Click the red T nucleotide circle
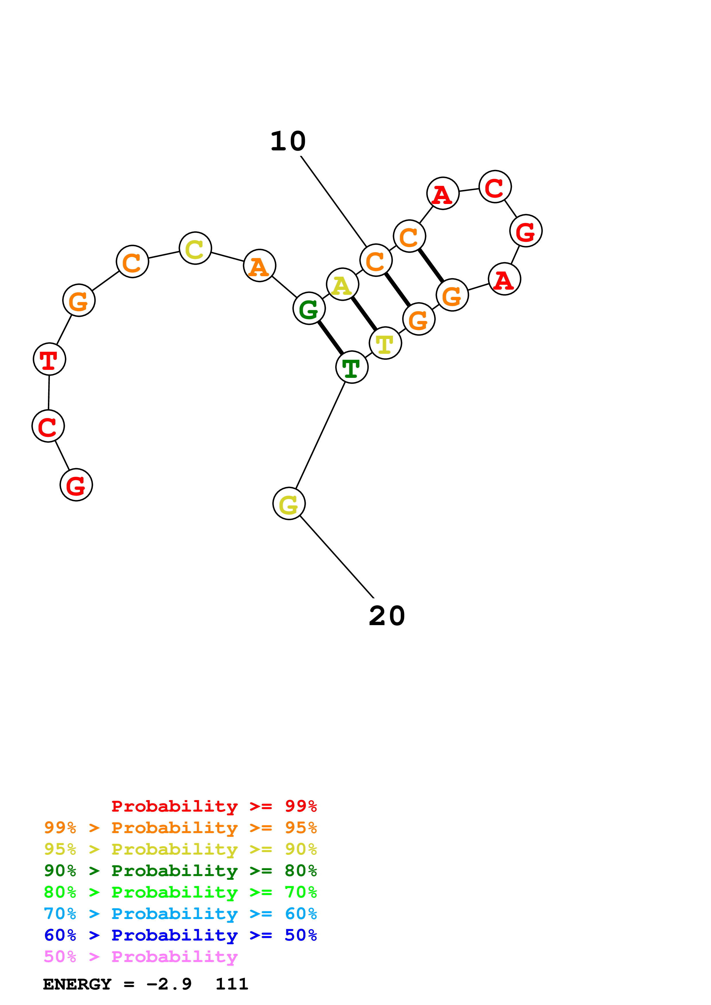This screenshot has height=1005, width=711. (50, 359)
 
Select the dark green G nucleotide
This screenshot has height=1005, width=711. (309, 309)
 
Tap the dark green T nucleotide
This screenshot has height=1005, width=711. (352, 367)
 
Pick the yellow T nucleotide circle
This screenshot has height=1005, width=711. (385, 343)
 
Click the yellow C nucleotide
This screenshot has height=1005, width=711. (195, 248)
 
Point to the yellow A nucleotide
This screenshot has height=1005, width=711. (342, 284)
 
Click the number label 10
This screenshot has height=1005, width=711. (288, 142)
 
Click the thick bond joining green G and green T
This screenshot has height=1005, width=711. (330, 338)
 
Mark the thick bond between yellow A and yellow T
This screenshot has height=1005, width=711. (364, 314)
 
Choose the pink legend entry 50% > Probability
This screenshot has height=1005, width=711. (141, 956)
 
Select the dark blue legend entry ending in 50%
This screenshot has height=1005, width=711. (180, 935)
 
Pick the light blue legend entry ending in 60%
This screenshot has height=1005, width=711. (180, 914)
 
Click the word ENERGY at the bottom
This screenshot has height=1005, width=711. (77, 984)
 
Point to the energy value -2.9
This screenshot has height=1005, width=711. (169, 984)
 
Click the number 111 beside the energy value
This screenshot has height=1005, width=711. (232, 984)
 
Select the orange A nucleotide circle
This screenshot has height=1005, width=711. (259, 266)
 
